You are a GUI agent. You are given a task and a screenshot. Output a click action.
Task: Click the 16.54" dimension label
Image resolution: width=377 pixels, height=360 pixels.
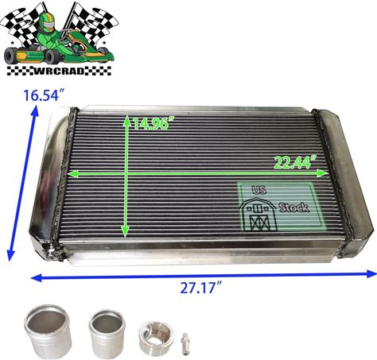tap(44, 95)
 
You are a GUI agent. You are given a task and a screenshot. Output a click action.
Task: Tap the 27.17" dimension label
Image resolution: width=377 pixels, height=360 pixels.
tap(201, 288)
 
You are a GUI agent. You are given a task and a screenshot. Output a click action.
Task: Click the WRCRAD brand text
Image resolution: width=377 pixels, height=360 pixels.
tap(59, 71)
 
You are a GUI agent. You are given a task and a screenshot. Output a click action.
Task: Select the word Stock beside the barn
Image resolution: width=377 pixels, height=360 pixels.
tap(294, 207)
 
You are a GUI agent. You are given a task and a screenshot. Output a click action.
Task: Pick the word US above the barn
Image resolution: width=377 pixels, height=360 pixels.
tap(259, 190)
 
